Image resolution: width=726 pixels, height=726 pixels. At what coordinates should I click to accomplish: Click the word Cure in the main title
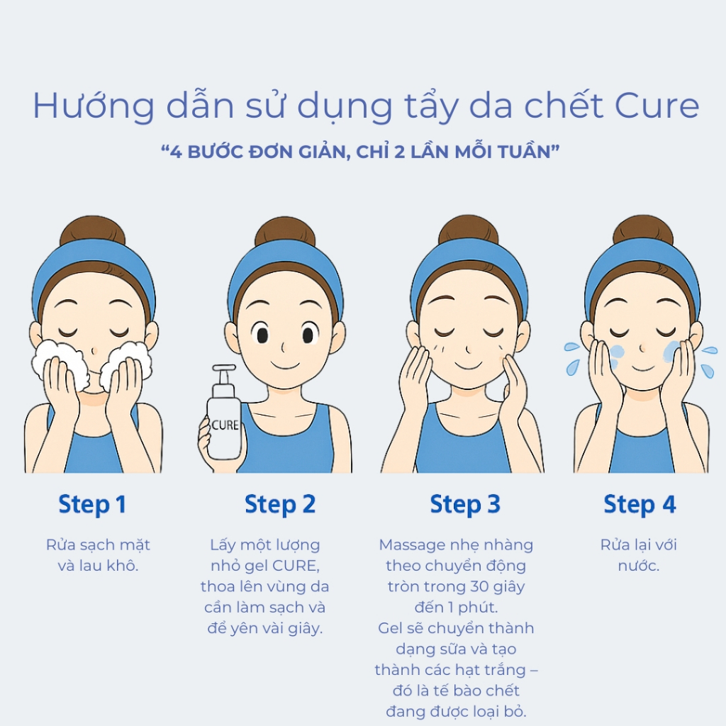click(657, 106)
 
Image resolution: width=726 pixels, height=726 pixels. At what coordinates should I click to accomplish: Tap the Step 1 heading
click(92, 505)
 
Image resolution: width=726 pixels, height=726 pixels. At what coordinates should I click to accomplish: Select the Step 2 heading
click(280, 505)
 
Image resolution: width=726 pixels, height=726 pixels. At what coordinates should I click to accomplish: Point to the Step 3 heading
click(465, 505)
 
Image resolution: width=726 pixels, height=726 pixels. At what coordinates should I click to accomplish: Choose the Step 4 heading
click(640, 505)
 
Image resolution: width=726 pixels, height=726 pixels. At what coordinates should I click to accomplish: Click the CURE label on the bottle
click(225, 425)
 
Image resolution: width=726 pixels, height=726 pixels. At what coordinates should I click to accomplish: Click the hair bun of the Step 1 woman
click(93, 230)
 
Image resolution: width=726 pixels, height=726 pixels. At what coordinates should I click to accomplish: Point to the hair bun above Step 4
click(642, 230)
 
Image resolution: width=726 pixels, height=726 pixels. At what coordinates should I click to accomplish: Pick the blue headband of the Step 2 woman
click(285, 269)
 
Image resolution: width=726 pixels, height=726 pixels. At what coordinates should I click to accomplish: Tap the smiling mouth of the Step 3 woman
click(468, 364)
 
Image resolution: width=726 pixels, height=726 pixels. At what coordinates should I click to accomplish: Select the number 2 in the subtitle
click(400, 152)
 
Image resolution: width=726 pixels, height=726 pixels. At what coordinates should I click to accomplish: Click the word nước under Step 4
click(639, 566)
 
